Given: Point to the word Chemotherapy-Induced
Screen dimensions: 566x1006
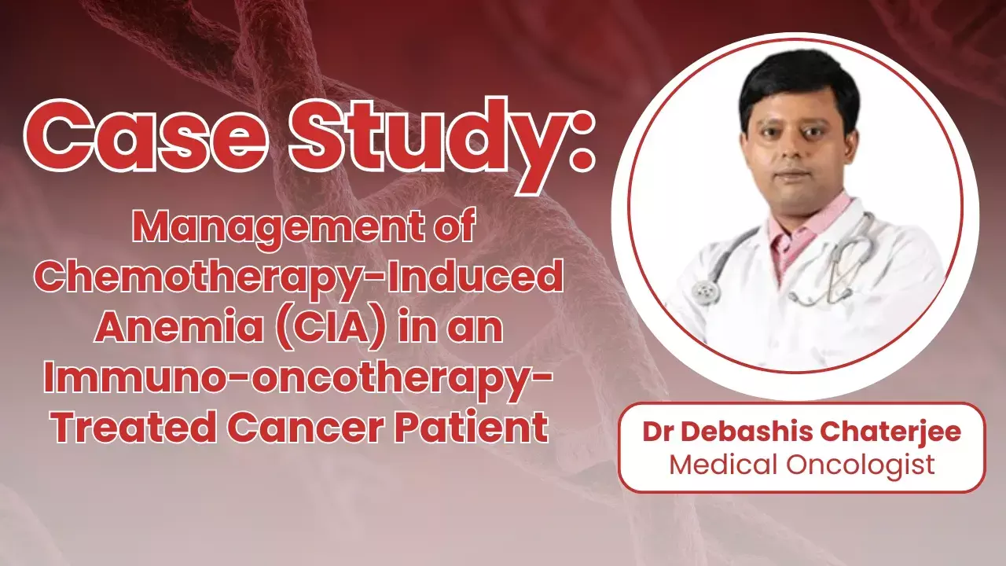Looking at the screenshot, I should [x=302, y=279].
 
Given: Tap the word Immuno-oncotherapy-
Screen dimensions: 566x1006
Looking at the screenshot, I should [x=299, y=378].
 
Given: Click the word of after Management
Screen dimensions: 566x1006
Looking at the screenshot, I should [x=453, y=230].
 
